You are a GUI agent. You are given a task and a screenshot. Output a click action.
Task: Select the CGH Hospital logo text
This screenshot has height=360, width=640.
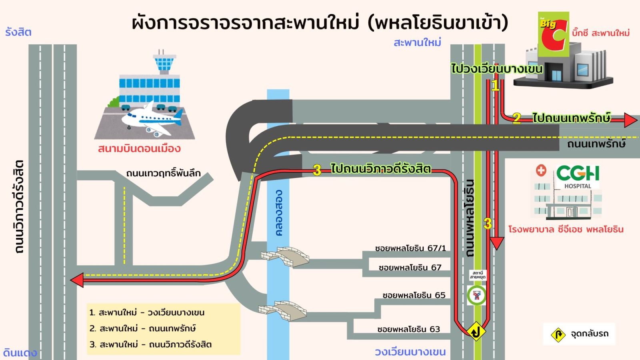point(578,174)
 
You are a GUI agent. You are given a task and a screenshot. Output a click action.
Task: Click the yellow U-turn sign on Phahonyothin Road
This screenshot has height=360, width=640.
point(476,332)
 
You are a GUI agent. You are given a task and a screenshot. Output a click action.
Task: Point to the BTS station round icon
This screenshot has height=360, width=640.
point(476,296)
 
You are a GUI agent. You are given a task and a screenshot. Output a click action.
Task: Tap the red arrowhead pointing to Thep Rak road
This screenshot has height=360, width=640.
point(630,120)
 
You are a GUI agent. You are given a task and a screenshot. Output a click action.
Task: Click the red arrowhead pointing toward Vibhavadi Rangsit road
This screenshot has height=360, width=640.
point(77,280)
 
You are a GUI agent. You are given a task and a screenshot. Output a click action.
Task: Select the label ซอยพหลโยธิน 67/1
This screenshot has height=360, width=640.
point(410,248)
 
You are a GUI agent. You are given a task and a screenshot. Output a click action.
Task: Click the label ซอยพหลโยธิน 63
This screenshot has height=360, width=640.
point(408,329)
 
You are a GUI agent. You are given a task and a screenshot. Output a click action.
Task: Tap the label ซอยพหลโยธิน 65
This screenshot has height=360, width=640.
point(414,295)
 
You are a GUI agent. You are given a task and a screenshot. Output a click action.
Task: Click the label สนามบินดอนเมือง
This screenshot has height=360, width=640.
point(139,149)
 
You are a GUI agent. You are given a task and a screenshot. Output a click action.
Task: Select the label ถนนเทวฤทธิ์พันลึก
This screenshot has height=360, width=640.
point(163,173)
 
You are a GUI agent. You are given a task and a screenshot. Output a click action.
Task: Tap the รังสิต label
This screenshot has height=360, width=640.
point(18,32)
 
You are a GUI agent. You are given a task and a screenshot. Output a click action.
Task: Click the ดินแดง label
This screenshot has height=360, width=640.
point(20,353)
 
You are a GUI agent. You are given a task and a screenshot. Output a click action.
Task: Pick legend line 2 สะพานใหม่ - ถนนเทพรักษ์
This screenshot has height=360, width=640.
point(143,328)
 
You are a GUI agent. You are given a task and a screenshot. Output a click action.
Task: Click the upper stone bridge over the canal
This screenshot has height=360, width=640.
point(285,257)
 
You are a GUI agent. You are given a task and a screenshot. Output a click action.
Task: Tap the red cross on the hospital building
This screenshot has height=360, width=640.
point(541,170)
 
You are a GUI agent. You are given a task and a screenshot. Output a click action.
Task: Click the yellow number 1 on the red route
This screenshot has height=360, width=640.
point(495,85)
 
